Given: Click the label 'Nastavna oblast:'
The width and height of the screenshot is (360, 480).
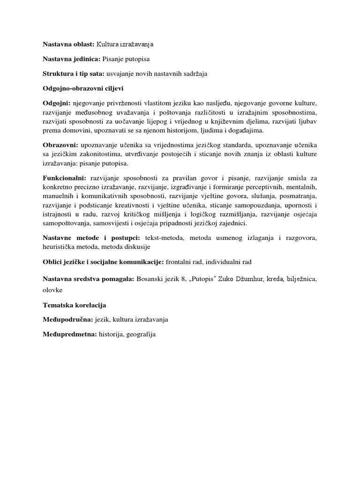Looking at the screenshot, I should [68, 45].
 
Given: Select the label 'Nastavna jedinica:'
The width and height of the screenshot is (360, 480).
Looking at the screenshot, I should [72, 59].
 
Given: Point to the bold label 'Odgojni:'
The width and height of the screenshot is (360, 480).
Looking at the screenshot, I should [57, 103].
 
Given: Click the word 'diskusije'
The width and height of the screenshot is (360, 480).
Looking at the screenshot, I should [135, 247].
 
